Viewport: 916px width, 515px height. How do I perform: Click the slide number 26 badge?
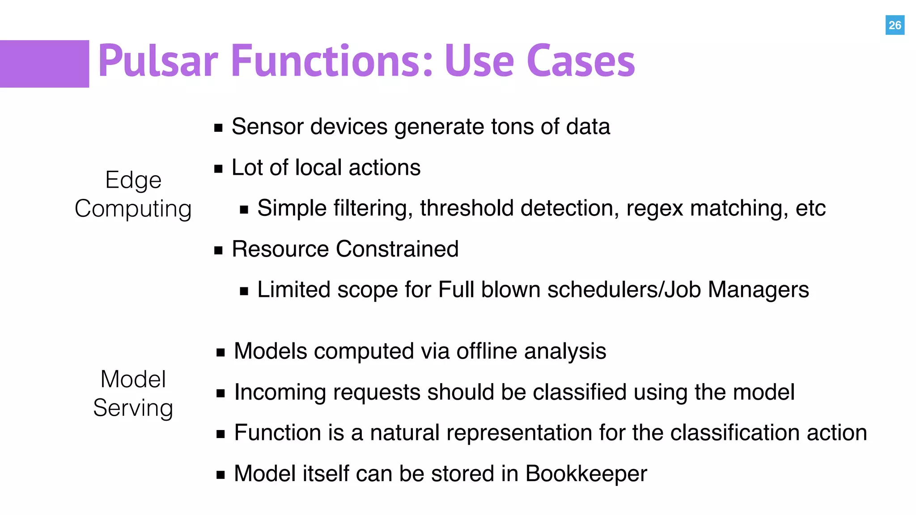tap(895, 25)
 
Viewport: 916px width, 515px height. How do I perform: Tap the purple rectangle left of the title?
tap(44, 63)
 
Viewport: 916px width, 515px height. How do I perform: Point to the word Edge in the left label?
tap(133, 181)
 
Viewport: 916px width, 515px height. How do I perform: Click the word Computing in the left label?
tap(133, 209)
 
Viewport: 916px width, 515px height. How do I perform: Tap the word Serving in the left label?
tap(133, 408)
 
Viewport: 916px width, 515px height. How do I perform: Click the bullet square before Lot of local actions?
tap(218, 169)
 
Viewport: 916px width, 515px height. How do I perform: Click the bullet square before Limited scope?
tap(244, 291)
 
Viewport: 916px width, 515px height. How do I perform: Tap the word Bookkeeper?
tap(586, 474)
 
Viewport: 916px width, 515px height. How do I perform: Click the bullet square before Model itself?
tap(220, 475)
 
